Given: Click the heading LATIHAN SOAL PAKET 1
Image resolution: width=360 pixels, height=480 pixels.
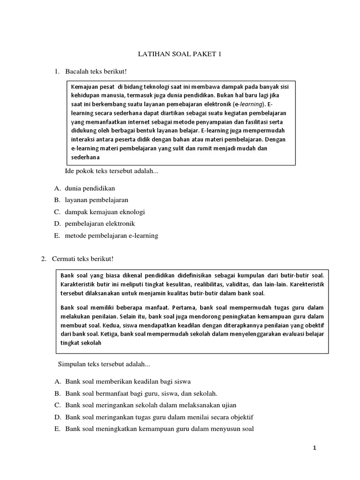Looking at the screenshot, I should click(x=179, y=54).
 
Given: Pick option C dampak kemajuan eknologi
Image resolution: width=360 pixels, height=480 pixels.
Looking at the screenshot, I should click(x=105, y=212).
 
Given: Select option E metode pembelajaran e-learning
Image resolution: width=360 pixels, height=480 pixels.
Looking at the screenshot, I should click(x=112, y=235).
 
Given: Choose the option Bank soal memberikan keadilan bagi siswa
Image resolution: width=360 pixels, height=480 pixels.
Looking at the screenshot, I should click(x=128, y=381).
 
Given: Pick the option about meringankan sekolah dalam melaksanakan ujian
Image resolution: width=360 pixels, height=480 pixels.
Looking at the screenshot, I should click(x=150, y=405).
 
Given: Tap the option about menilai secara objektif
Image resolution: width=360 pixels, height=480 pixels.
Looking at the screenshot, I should click(x=159, y=417).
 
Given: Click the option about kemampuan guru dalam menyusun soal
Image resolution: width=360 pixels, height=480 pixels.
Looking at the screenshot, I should click(x=159, y=428).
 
